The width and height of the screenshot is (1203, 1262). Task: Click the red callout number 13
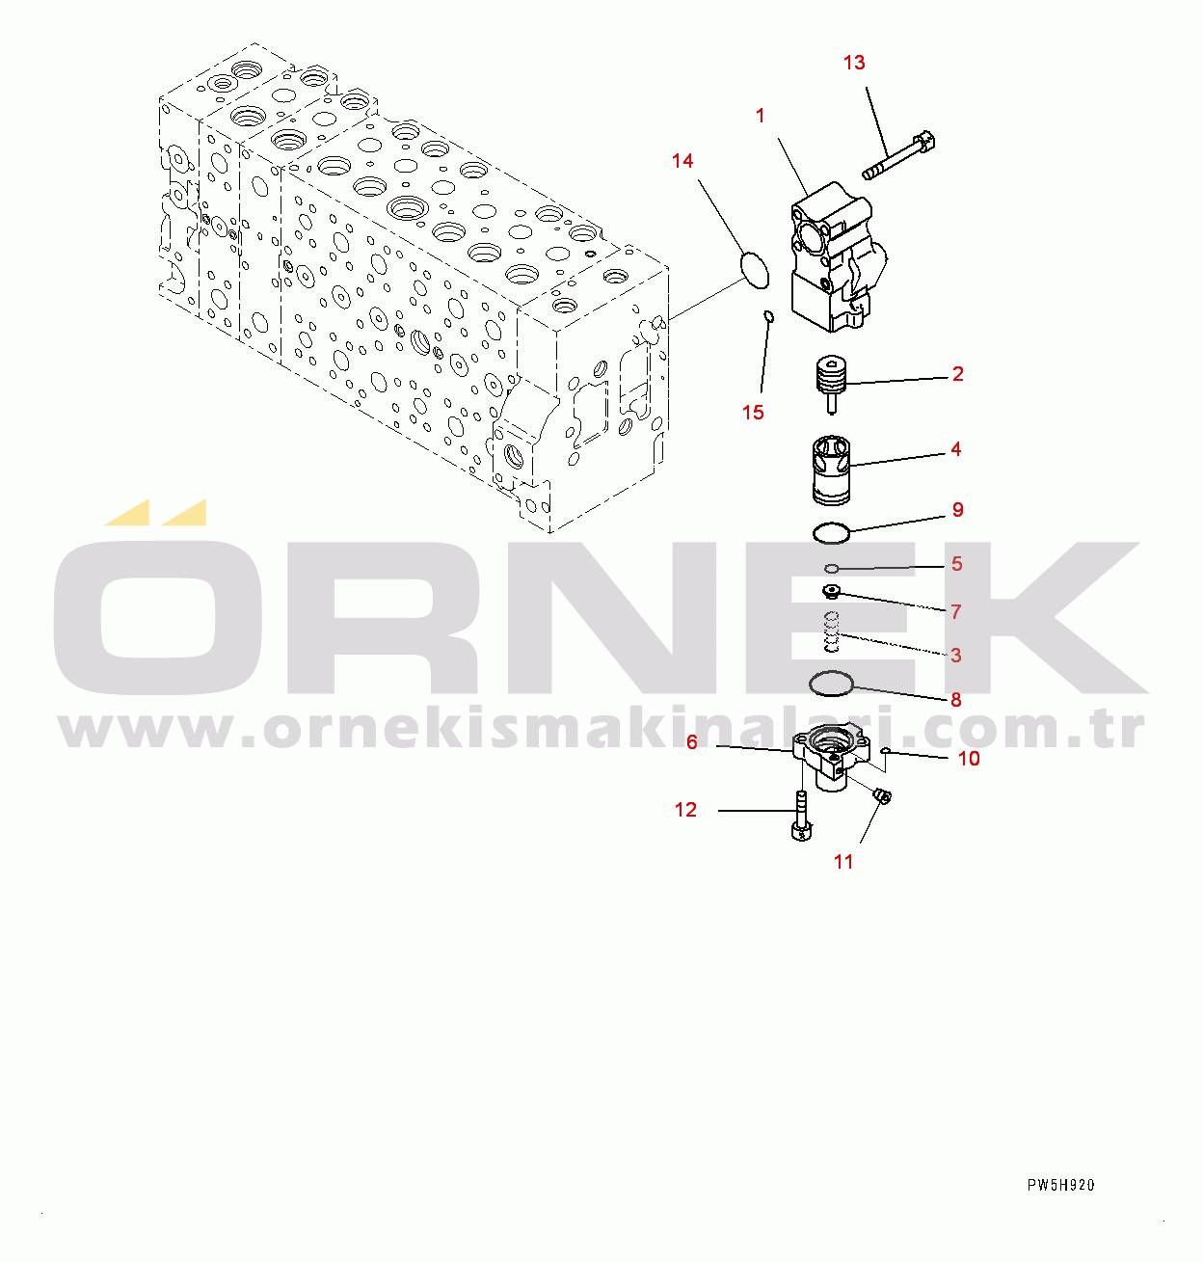click(854, 63)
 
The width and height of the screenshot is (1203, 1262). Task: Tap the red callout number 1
click(760, 117)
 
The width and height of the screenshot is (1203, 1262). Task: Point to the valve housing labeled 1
click(838, 256)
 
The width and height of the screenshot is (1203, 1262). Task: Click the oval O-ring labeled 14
click(755, 270)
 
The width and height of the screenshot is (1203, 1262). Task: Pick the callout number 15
click(753, 412)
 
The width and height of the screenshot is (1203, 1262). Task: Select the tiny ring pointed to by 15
click(768, 316)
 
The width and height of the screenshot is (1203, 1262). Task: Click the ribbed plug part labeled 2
click(831, 383)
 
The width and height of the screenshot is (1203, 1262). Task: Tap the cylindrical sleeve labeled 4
click(831, 470)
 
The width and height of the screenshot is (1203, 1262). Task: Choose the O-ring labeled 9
click(831, 533)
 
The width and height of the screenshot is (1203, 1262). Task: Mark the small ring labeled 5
click(831, 568)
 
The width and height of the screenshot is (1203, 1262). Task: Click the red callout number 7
click(956, 612)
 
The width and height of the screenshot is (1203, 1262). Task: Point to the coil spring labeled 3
click(831, 631)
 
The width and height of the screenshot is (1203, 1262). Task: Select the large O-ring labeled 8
click(831, 684)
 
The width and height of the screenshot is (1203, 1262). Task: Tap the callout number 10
click(969, 759)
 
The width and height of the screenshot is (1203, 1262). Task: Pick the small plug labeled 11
click(883, 796)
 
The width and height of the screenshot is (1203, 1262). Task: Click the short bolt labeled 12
click(801, 816)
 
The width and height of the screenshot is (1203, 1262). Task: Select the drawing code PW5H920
click(1060, 1186)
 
